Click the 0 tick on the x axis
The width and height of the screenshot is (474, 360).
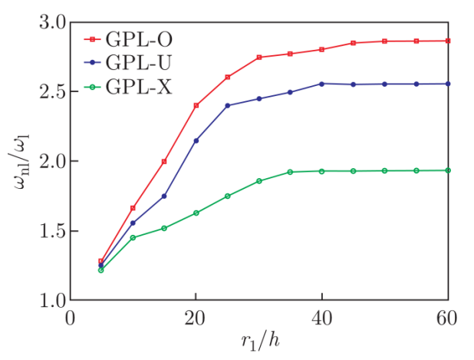[70, 318]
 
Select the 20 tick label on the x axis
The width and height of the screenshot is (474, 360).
[196, 318]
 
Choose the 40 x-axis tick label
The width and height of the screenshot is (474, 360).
[321, 318]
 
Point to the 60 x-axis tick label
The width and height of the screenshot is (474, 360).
[447, 318]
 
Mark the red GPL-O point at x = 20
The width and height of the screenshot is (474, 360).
[196, 105]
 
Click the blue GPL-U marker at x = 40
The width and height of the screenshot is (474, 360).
[321, 84]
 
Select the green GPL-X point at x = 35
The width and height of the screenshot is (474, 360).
[290, 172]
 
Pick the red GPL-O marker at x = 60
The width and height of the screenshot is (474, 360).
[448, 41]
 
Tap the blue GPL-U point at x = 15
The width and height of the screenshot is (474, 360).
[164, 197]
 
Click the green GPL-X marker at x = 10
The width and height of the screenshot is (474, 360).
[133, 238]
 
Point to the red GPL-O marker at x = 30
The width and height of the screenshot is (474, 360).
[259, 58]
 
